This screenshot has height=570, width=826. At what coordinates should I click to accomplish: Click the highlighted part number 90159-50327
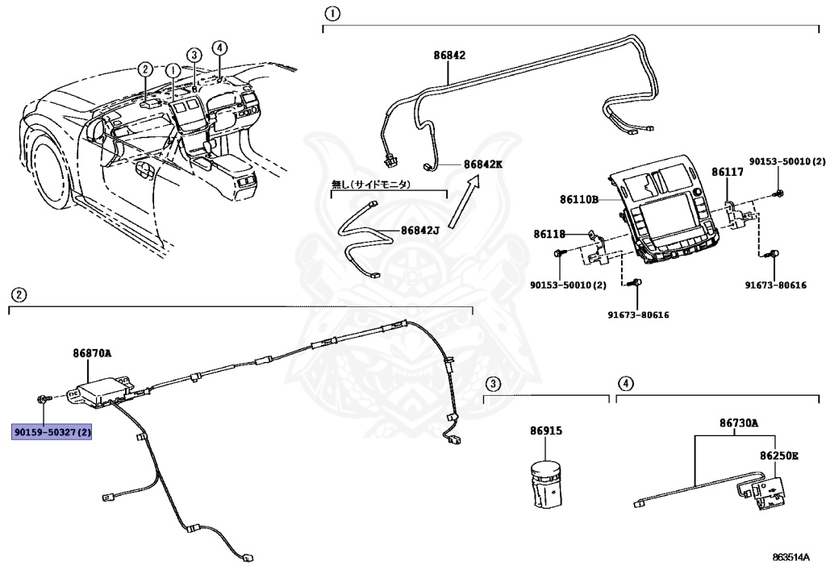[52, 433]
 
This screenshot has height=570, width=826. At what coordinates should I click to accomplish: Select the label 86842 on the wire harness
[449, 56]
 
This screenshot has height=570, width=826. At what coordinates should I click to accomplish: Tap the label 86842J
[419, 231]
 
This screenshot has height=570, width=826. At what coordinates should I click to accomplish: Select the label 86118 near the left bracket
[548, 234]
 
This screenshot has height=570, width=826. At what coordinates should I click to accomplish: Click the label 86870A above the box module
[92, 353]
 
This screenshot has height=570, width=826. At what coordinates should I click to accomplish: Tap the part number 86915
[546, 431]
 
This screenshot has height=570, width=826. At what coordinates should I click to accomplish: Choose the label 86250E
[778, 456]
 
